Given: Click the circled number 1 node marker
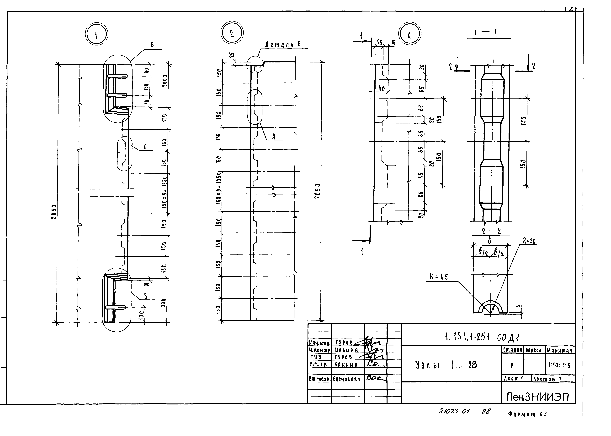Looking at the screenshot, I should (97, 35).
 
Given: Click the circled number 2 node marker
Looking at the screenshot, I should (232, 33).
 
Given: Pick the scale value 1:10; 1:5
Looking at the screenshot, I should (559, 365).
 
